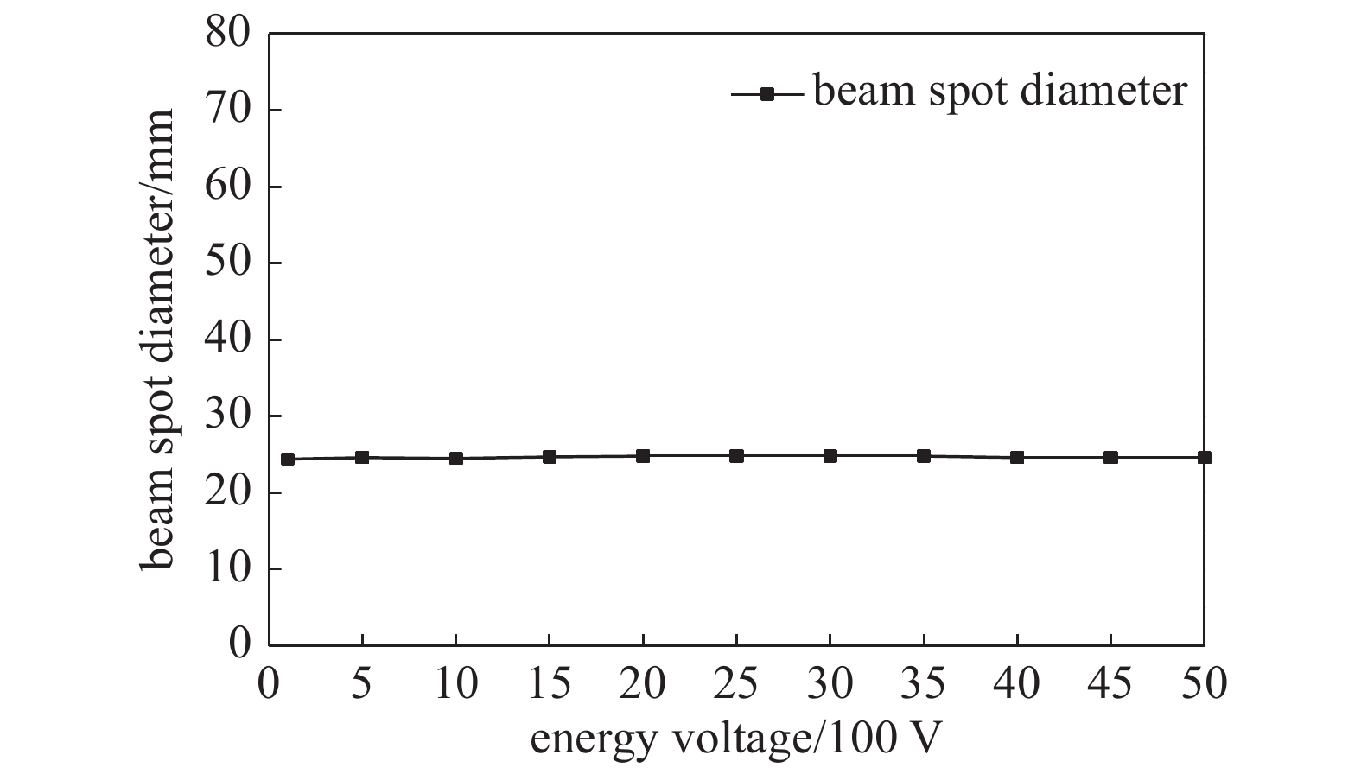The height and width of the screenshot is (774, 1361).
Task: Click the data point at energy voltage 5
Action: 362,457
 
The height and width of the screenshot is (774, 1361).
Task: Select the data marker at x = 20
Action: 643,456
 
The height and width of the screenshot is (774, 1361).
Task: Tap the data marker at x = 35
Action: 924,456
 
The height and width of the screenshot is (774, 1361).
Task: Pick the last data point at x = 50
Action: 1204,457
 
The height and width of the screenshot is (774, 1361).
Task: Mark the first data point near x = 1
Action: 288,459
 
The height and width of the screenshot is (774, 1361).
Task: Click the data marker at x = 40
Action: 1017,457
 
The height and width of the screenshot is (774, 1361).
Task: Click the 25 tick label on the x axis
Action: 736,684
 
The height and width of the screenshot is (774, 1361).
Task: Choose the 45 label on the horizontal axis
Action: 1110,684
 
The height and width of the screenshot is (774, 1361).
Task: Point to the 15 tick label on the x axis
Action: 550,684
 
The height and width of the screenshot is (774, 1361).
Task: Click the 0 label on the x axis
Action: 270,684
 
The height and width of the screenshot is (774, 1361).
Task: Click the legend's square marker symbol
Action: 766,93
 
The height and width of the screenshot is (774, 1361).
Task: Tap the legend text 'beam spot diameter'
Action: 1000,91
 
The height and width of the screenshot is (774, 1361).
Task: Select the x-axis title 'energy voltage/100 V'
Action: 735,739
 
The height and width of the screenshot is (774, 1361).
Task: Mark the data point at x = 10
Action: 456,458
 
